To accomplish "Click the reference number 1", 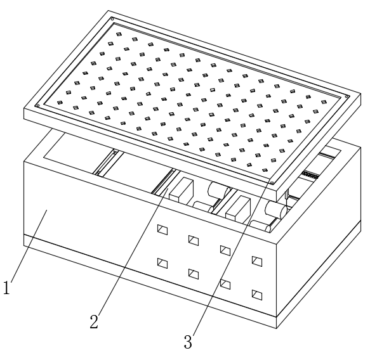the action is coord(6,288).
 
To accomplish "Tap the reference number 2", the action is coord(94,321).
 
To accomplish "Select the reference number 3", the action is coord(188,342).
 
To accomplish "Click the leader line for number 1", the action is coord(29,245).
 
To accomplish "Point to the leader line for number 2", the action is coord(133,252).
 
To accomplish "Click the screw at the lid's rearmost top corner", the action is coord(112,19).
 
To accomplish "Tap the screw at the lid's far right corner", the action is coord(347,96).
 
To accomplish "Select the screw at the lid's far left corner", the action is coord(37,106).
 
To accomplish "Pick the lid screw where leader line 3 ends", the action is coord(272,183).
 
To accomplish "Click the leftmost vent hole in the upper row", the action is coord(162,229).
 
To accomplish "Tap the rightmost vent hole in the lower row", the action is coord(257,295).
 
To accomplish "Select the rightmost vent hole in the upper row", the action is coord(257,261).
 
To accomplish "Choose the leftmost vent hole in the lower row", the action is coord(162,264).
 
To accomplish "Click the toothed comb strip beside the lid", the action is coord(310,175).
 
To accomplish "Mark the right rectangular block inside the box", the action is coord(238,209).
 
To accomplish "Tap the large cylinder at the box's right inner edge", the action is coord(277,209).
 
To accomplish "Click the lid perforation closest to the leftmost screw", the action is coord(60,102).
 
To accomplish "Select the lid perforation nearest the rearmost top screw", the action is coord(119,34).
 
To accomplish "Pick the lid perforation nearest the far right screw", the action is coord(324,102).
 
